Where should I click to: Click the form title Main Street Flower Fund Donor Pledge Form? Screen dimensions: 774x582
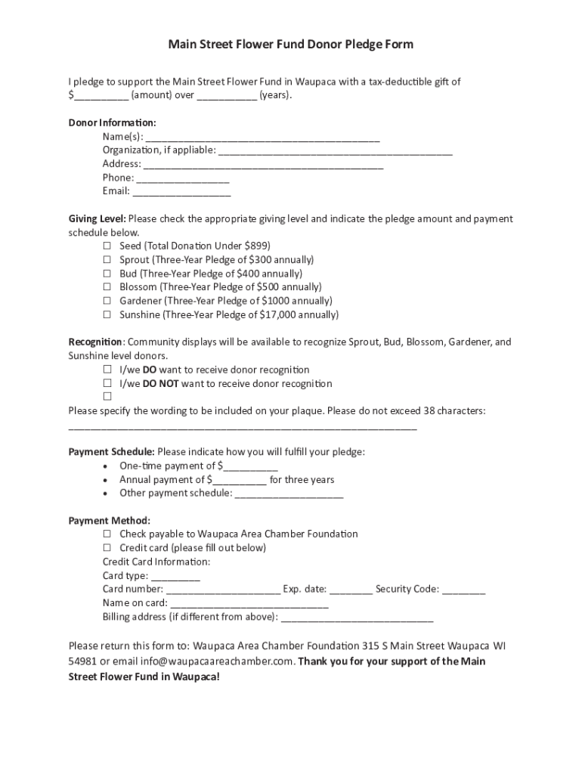point(290,45)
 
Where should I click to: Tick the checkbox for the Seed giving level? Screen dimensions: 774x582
point(107,246)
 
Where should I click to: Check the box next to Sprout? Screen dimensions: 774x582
point(107,259)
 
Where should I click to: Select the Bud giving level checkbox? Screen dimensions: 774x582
point(107,274)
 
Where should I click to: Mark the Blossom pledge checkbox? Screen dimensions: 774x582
point(107,287)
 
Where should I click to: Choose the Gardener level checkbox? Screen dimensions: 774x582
point(107,301)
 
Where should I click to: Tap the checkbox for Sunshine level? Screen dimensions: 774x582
point(107,314)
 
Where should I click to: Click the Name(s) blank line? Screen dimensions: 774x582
point(262,138)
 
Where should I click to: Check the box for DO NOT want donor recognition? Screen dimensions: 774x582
point(107,383)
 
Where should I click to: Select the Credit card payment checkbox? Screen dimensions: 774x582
point(107,547)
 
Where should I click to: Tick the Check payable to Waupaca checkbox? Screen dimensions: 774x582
point(107,534)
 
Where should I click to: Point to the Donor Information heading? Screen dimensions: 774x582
point(113,122)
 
